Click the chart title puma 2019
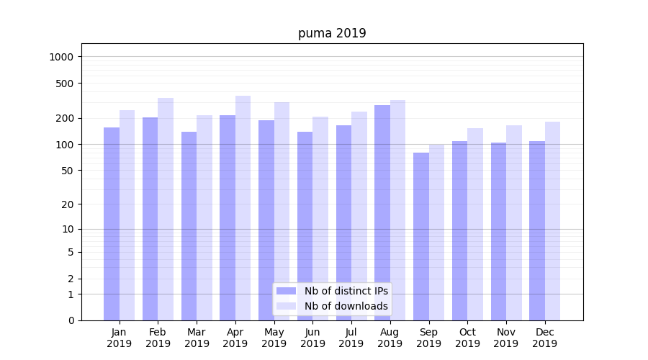[332, 33]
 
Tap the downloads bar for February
[166, 209]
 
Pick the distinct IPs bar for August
[382, 212]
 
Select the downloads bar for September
[436, 232]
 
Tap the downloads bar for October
[475, 224]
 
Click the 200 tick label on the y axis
[65, 118]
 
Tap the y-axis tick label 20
[67, 204]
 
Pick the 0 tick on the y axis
[71, 320]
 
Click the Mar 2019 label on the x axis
[197, 338]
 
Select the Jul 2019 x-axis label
[351, 338]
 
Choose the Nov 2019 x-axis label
[505, 338]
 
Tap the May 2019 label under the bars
[274, 338]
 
